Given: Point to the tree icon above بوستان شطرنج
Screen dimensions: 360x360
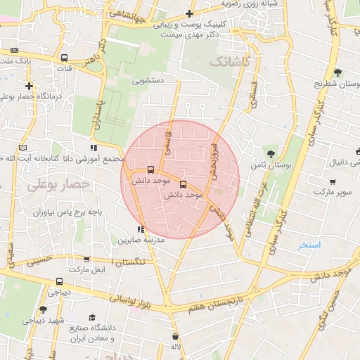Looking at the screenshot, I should [x=337, y=72].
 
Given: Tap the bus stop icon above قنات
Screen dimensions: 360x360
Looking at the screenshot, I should [x=65, y=58].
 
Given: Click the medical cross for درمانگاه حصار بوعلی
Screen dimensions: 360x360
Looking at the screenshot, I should [x=30, y=86].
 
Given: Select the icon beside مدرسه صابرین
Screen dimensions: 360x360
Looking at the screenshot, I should [x=141, y=229].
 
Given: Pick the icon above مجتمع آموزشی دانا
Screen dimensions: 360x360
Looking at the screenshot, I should [x=93, y=148].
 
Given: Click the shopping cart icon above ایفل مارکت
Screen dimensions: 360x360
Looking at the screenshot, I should [x=86, y=259].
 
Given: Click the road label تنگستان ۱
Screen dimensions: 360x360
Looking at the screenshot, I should [x=128, y=262].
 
